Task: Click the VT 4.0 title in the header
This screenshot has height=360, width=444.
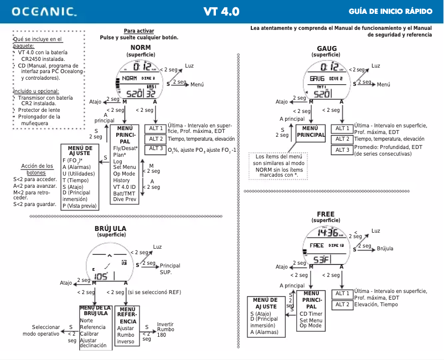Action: pyautogui.click(x=221, y=11)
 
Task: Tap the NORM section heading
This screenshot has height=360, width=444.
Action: pyautogui.click(x=140, y=48)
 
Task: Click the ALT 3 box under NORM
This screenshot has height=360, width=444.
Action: pyautogui.click(x=156, y=149)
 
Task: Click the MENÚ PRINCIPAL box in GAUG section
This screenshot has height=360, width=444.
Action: pyautogui.click(x=311, y=131)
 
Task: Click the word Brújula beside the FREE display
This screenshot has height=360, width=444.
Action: pyautogui.click(x=385, y=249)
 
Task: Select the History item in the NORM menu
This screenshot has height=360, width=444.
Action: pyautogui.click(x=121, y=180)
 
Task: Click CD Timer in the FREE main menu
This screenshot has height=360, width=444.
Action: pyautogui.click(x=311, y=313)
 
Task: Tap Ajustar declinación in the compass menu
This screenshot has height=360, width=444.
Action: pyautogui.click(x=93, y=342)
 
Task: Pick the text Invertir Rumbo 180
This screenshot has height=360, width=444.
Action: pyautogui.click(x=166, y=329)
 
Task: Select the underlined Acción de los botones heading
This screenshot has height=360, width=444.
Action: pyautogui.click(x=37, y=169)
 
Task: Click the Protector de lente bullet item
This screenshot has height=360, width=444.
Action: pyautogui.click(x=39, y=110)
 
